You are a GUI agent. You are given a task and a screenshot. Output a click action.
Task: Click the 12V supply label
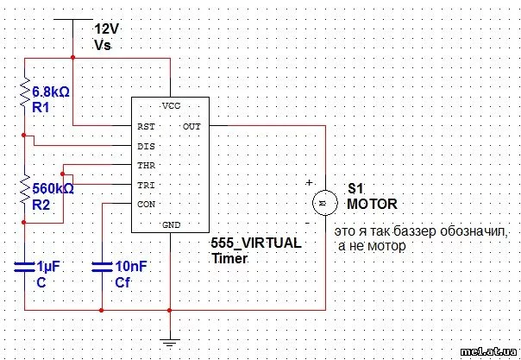click(105, 28)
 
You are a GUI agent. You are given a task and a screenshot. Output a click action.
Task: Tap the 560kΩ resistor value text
click(53, 187)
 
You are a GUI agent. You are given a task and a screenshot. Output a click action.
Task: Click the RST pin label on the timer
click(146, 126)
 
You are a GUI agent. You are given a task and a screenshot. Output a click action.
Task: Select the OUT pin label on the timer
click(191, 126)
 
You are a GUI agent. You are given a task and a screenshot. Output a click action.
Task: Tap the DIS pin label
click(146, 146)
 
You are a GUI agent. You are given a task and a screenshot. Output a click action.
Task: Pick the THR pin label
click(146, 165)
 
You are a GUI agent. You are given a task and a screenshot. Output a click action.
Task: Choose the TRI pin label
click(146, 185)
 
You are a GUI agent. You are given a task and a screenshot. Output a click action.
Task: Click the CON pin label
click(146, 205)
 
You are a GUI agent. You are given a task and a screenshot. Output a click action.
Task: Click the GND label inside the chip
click(171, 224)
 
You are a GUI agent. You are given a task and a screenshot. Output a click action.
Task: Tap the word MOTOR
click(372, 205)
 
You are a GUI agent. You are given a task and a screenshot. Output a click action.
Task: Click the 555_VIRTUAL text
click(256, 243)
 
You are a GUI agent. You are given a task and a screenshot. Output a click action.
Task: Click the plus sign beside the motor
click(308, 183)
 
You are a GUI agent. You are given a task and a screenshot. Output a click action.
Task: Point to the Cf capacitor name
click(122, 282)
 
